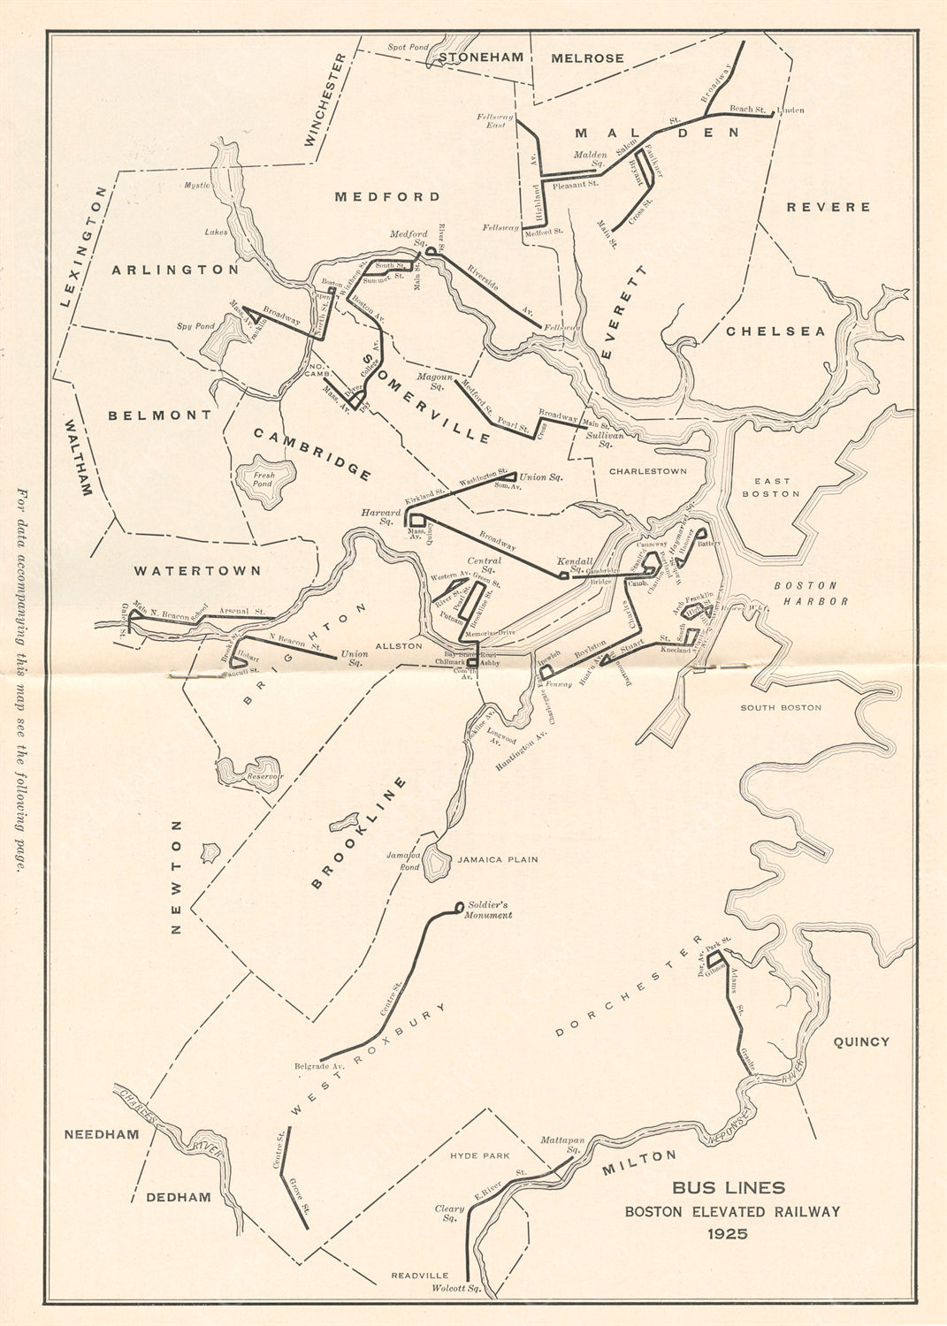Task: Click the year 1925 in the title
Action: coord(732,1233)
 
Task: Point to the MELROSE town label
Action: coord(587,58)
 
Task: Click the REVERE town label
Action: coord(829,207)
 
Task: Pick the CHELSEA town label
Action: coord(775,331)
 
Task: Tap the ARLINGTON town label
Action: coord(174,270)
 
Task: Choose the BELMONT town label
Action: coord(160,415)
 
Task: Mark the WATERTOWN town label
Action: coord(197,571)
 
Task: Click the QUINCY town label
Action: coord(860,1041)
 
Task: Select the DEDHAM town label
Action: coord(179,1197)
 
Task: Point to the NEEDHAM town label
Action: coord(102,1134)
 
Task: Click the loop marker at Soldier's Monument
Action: coord(458,906)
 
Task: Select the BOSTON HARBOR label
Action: coord(811,593)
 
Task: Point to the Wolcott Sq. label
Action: coord(455,1289)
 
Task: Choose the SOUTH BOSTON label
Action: coord(780,707)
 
